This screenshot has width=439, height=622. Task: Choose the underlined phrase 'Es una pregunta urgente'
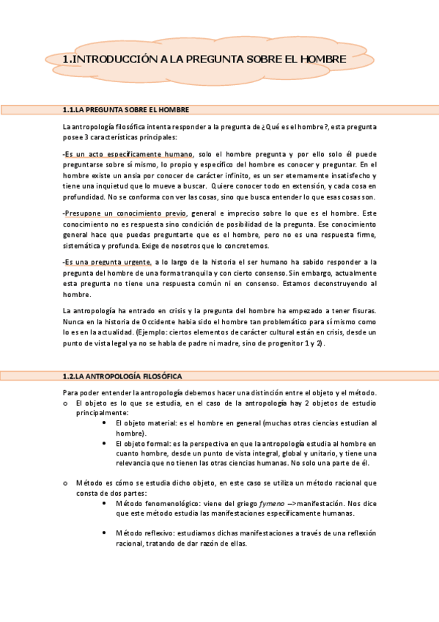point(108,261)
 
